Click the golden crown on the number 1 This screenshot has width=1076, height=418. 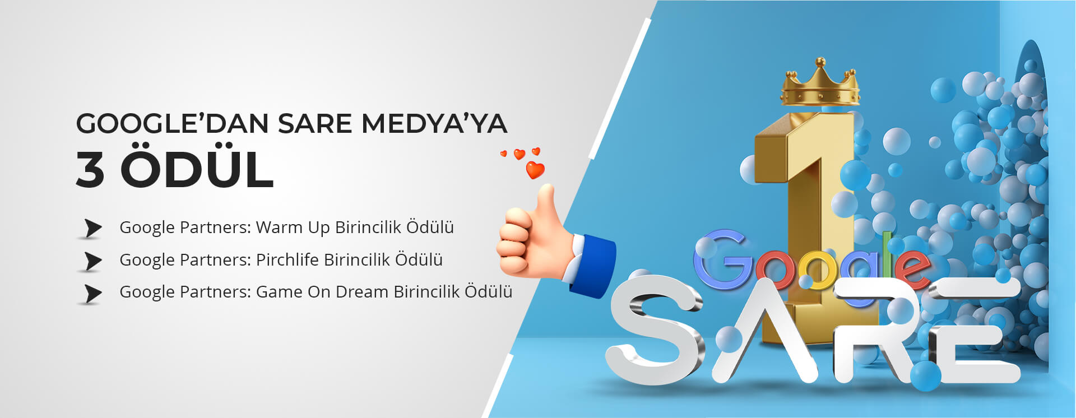pyautogui.click(x=820, y=82)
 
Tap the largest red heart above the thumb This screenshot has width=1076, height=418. pyautogui.click(x=535, y=169)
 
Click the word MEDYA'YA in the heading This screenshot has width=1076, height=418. pyautogui.click(x=434, y=123)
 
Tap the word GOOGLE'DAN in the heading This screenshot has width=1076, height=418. pyautogui.click(x=172, y=123)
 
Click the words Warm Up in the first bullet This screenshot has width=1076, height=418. pyautogui.click(x=293, y=228)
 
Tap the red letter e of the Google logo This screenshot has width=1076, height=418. pyautogui.click(x=911, y=267)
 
